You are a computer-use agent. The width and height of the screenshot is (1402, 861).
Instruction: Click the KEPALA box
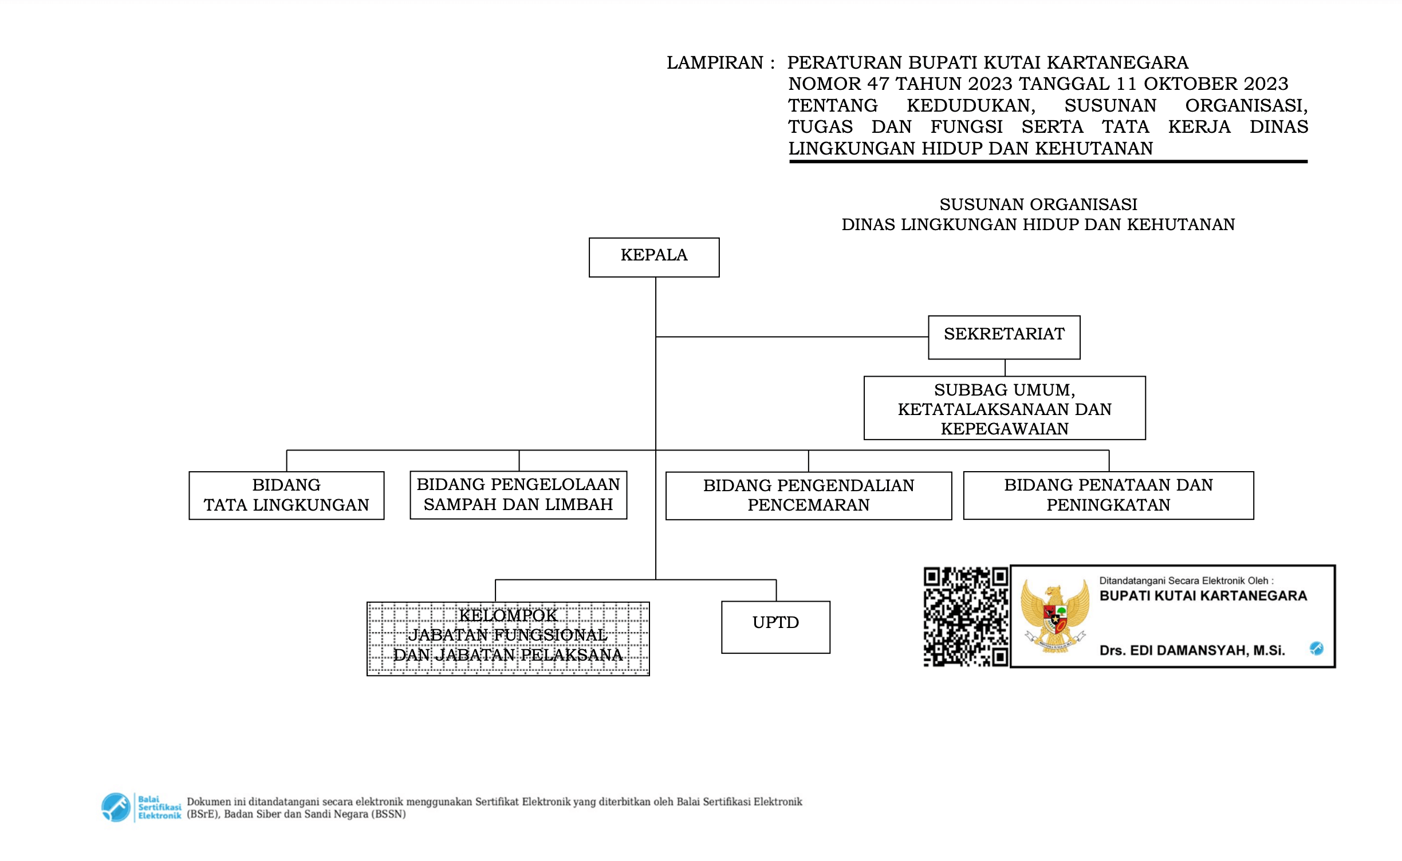coord(653,257)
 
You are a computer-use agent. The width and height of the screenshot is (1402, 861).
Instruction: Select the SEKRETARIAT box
coord(1003,337)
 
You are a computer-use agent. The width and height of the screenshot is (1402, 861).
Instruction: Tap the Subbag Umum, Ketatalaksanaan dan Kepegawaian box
coord(1004,408)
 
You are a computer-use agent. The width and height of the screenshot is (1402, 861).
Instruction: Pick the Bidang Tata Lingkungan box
coord(286,495)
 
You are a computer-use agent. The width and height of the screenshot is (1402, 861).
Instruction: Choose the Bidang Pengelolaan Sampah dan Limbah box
coord(518,495)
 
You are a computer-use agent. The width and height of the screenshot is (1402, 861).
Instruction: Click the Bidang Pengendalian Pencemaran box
coord(808,495)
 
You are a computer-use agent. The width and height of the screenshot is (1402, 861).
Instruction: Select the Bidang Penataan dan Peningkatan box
coord(1108,495)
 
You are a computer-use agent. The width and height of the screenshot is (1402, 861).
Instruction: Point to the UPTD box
coord(775,626)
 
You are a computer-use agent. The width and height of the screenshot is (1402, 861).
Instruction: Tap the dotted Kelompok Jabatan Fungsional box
coord(508,638)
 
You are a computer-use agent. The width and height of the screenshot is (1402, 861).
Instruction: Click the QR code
coord(965,617)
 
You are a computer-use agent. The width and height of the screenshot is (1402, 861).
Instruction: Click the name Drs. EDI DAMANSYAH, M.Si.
coord(1192,650)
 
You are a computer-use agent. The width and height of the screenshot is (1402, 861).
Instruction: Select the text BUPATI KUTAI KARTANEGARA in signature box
coord(1203,596)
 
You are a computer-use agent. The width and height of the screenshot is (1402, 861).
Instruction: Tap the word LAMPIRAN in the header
coord(714,62)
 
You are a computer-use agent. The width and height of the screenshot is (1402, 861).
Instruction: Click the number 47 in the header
coord(878,84)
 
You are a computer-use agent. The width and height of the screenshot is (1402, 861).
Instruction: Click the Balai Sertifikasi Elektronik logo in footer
coord(140,807)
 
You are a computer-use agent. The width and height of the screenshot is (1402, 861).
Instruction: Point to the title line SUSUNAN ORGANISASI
coord(1038,204)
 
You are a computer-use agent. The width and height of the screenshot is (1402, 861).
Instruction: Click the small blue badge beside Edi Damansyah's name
coord(1316,648)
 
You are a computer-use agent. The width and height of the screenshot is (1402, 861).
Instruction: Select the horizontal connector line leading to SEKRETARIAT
coord(790,337)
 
